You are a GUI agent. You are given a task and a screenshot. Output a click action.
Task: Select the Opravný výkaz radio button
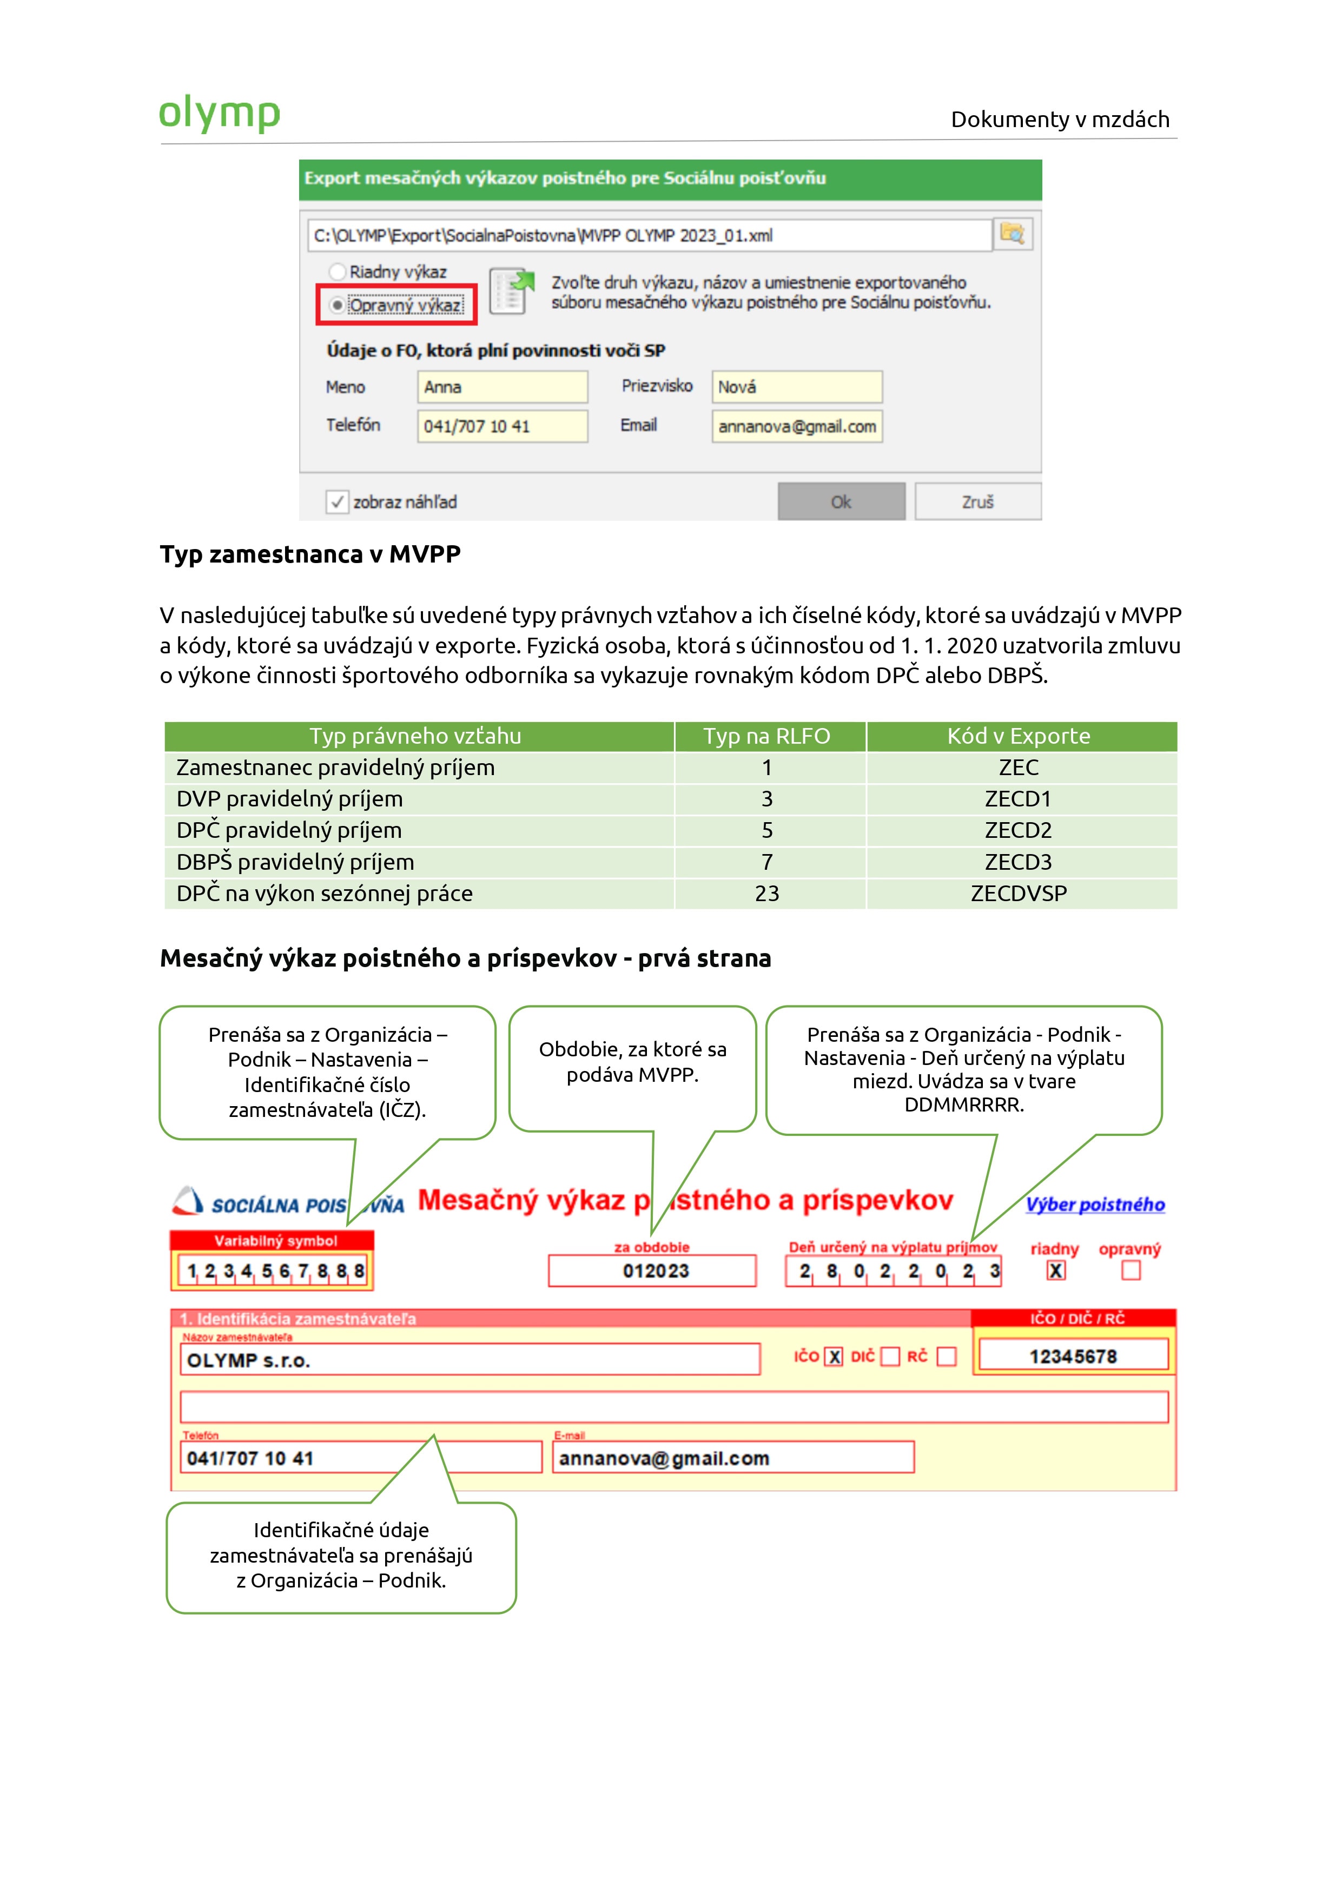click(x=338, y=305)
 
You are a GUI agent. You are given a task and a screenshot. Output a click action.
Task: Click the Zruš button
click(x=977, y=502)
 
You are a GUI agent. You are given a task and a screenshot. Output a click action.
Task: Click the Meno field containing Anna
click(x=502, y=387)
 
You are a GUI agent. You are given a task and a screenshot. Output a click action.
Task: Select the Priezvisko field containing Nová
click(x=796, y=387)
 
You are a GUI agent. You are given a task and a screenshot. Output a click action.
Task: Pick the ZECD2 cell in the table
click(x=1018, y=830)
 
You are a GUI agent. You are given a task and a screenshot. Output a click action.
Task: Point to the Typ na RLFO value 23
click(x=766, y=894)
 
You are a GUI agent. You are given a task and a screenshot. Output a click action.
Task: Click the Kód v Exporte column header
click(x=1018, y=736)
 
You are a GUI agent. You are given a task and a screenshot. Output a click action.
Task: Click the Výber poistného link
click(x=1095, y=1205)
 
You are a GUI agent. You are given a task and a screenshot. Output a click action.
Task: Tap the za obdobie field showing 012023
click(x=652, y=1271)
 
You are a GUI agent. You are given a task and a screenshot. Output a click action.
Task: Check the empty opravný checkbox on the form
click(x=1131, y=1271)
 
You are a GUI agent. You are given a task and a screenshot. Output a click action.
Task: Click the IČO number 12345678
click(x=1073, y=1357)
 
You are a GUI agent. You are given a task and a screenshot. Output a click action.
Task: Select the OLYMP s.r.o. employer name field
click(x=469, y=1360)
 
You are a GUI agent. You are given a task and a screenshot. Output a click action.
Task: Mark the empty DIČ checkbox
click(x=890, y=1357)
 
